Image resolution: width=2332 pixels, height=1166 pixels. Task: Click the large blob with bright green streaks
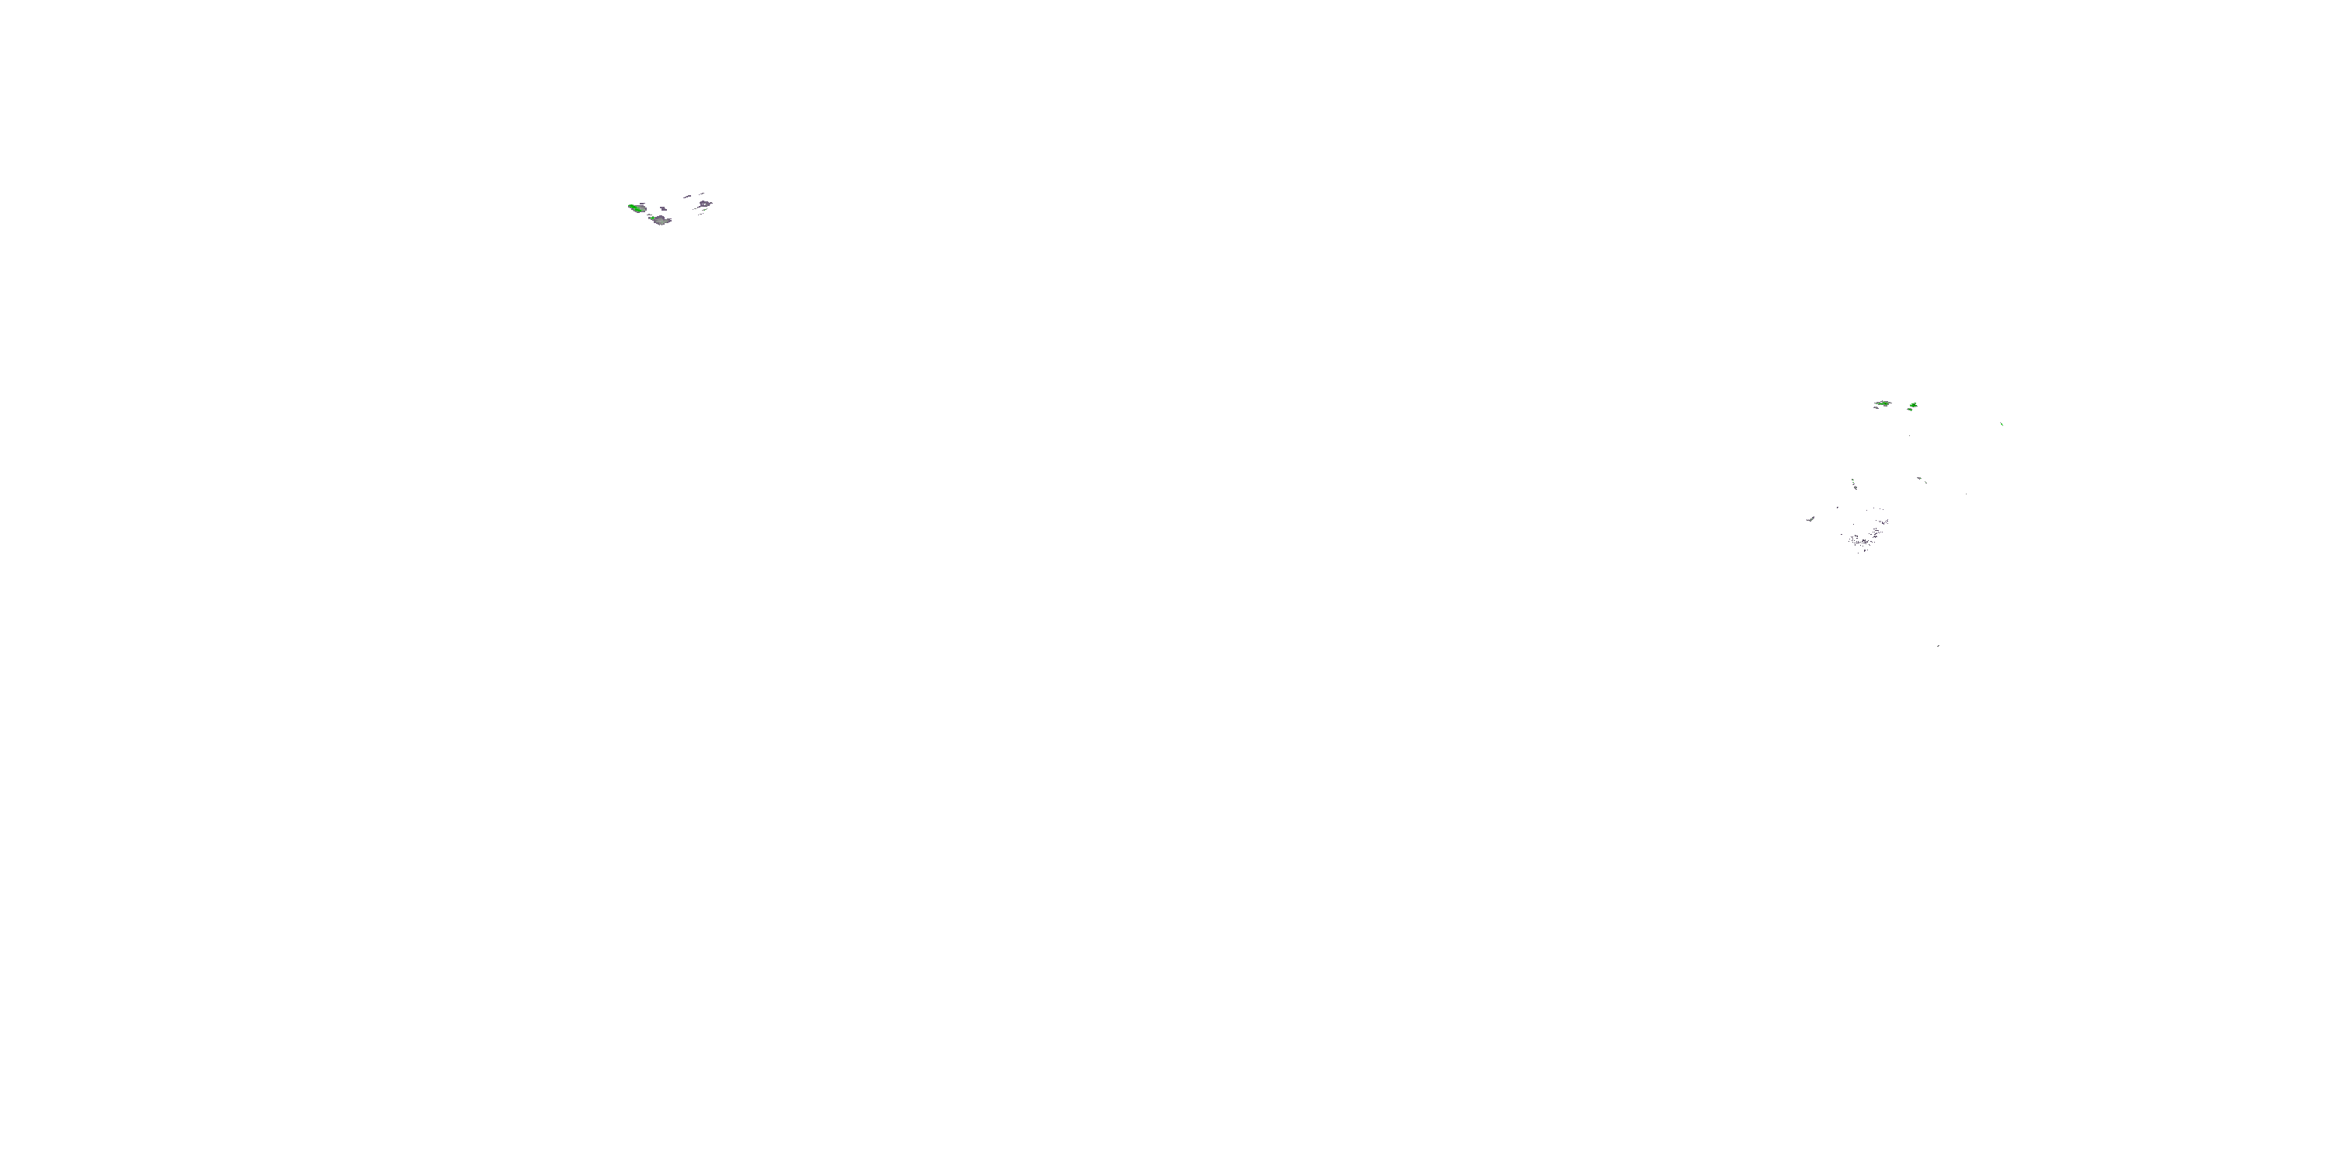point(637,208)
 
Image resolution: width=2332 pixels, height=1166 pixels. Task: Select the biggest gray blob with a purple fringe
point(661,220)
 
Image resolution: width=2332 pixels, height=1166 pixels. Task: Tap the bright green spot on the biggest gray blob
point(653,218)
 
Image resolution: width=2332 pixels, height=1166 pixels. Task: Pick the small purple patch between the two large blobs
point(664,209)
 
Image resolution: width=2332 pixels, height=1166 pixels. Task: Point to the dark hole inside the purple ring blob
point(704,204)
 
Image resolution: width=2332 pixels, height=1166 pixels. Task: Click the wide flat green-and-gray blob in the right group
point(1883,403)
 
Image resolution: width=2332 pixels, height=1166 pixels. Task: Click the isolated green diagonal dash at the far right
point(2001,424)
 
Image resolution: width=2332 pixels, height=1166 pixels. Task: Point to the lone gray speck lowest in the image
point(1937,645)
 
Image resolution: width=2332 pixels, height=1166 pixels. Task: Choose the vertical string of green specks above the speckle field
point(1853,484)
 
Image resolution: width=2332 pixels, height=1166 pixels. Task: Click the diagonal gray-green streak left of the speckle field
point(1810,518)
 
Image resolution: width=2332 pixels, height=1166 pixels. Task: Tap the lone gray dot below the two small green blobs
point(1909,436)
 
